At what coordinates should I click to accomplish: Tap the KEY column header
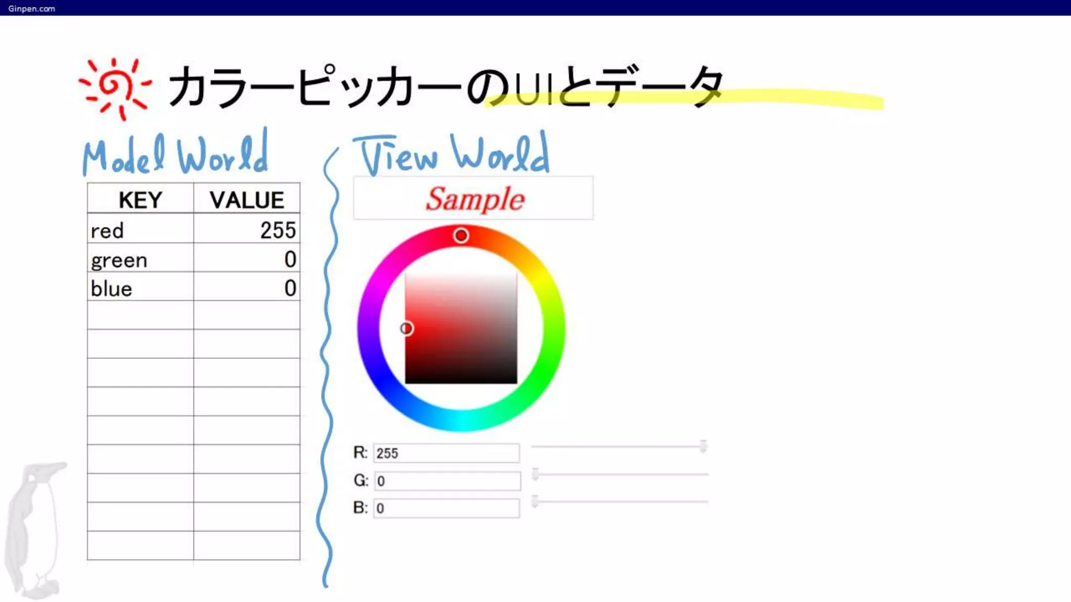pyautogui.click(x=140, y=200)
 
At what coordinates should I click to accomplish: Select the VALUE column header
pyautogui.click(x=246, y=200)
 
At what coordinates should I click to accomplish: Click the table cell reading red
pyautogui.click(x=140, y=230)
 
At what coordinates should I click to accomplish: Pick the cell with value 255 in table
pyautogui.click(x=246, y=230)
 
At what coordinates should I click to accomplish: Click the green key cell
pyautogui.click(x=140, y=260)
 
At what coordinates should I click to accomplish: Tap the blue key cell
pyautogui.click(x=140, y=288)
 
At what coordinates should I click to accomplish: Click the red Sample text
pyautogui.click(x=474, y=199)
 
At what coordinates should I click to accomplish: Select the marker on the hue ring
pyautogui.click(x=461, y=236)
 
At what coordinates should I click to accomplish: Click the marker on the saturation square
pyautogui.click(x=406, y=328)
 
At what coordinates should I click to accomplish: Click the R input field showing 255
pyautogui.click(x=446, y=453)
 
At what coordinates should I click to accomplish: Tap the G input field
pyautogui.click(x=447, y=481)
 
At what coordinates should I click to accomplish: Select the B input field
pyautogui.click(x=446, y=508)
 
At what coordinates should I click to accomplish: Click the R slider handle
pyautogui.click(x=703, y=446)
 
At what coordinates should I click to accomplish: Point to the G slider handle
pyautogui.click(x=535, y=474)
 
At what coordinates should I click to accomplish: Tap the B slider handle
pyautogui.click(x=535, y=501)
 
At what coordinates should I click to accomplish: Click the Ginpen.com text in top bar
pyautogui.click(x=31, y=8)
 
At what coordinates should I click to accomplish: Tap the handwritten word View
pyautogui.click(x=396, y=156)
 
